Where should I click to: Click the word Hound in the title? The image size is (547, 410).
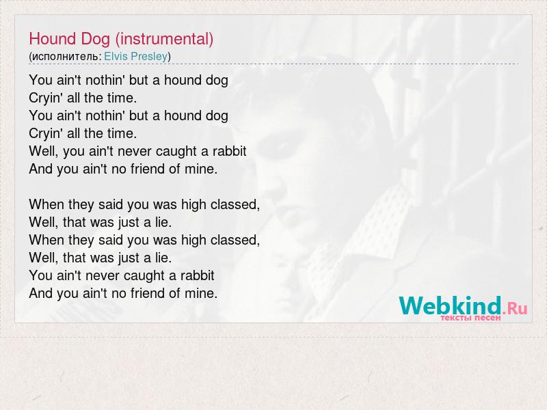coord(53,39)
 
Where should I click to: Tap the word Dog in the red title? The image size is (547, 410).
coord(95,40)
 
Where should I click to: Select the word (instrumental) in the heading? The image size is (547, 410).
coord(164,39)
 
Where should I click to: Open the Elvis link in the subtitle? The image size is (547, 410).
coord(116,56)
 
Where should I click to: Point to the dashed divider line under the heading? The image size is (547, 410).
coord(273,64)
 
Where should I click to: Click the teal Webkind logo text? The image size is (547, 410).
coord(450,305)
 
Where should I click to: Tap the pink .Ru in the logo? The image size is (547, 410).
coord(515,308)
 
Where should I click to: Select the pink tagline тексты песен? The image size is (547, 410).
coord(470,318)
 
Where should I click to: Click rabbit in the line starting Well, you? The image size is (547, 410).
coord(229,151)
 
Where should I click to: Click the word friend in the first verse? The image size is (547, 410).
coord(148,169)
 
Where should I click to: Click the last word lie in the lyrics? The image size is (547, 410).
coord(163,258)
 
